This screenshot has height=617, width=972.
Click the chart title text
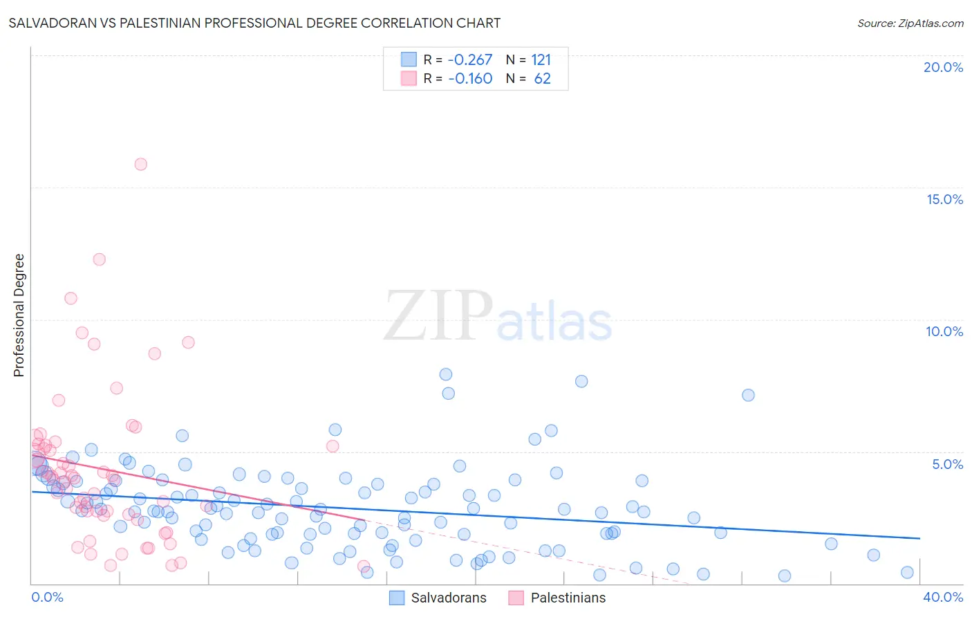click(254, 23)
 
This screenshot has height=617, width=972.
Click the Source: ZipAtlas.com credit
click(910, 24)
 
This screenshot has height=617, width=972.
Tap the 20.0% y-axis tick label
click(943, 67)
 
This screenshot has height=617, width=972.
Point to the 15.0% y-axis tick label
click(944, 199)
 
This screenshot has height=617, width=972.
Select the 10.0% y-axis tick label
click(944, 331)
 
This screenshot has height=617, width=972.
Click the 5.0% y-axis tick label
click(947, 464)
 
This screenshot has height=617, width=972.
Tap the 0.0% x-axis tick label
click(47, 597)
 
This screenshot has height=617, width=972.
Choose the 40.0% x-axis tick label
click(943, 597)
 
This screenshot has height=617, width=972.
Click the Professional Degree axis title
click(19, 315)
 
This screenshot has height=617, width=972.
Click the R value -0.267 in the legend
click(470, 60)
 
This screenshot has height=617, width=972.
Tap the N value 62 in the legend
click(542, 79)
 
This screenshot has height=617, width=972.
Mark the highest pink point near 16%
click(140, 164)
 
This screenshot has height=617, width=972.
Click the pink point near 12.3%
click(99, 259)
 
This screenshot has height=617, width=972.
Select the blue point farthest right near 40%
click(907, 572)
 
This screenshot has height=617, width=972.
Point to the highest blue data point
click(446, 374)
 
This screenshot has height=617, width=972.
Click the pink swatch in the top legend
click(409, 78)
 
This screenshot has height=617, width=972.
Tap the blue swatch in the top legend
click(409, 59)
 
